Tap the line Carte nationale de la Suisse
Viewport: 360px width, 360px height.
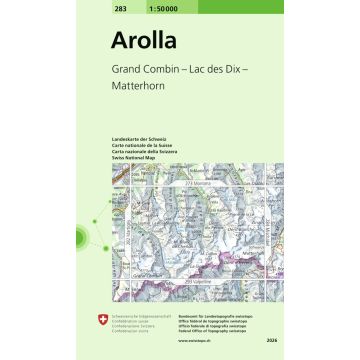click(139, 142)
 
